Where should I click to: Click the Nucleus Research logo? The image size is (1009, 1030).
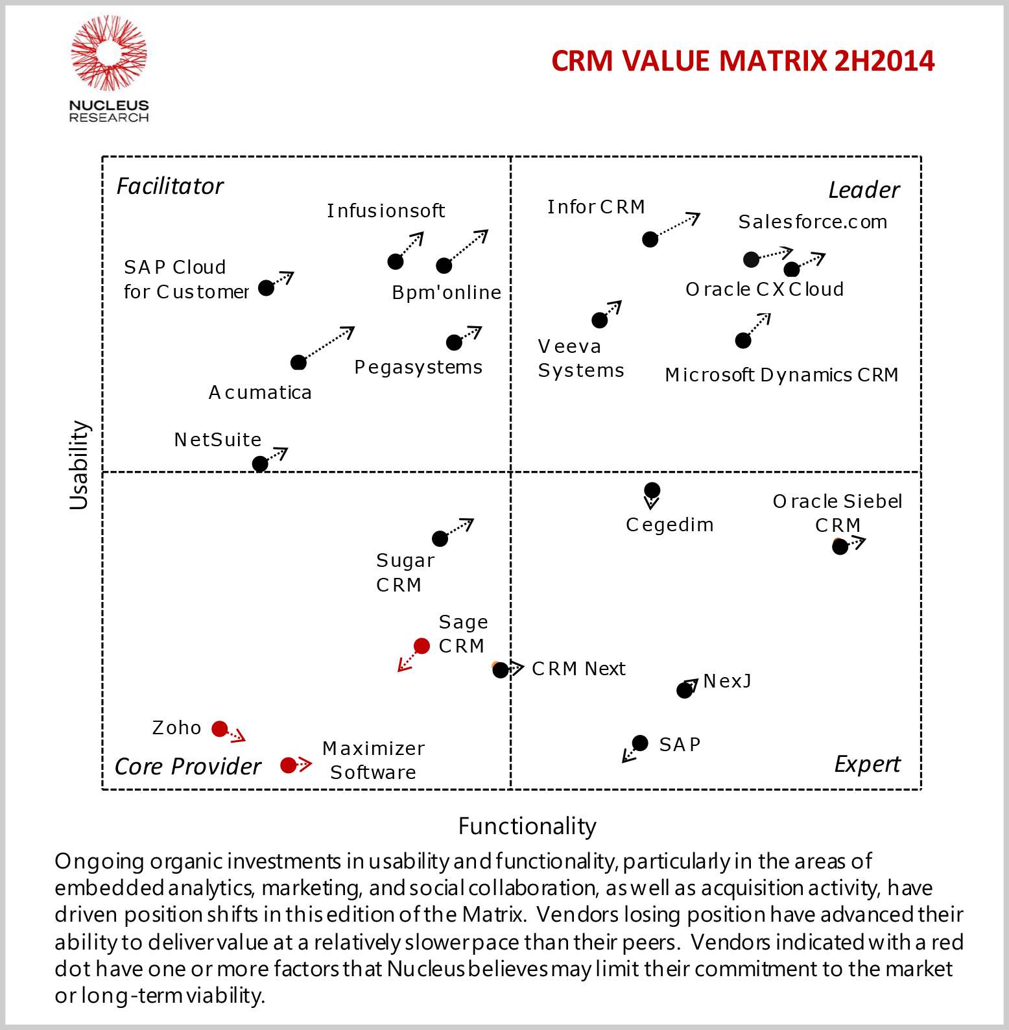pos(109,68)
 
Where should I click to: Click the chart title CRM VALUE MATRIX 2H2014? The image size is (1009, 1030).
pos(742,61)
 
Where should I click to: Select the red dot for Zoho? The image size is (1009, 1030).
pos(220,728)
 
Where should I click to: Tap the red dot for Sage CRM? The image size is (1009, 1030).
pos(421,646)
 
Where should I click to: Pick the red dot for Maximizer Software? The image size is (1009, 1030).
pos(288,765)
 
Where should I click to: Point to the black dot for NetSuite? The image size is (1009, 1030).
pos(260,464)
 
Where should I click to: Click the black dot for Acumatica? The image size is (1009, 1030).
pos(298,362)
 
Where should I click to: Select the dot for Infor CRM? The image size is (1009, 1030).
pos(650,239)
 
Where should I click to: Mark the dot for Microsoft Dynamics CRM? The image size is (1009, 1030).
pos(743,340)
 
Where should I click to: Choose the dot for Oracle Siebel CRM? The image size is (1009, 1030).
pos(840,547)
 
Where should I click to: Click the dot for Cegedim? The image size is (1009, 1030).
pos(652,490)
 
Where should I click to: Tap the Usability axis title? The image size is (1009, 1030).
pos(79,464)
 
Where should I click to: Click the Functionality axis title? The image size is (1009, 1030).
pos(527,826)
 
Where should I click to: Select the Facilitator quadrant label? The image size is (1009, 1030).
pos(170,187)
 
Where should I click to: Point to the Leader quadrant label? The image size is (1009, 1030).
pos(864,191)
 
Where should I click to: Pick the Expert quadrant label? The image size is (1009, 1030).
pos(867,764)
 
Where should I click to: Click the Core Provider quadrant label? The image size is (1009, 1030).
pos(188,767)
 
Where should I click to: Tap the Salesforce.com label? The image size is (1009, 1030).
pos(813,222)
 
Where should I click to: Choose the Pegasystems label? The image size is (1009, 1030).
pos(418,367)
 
